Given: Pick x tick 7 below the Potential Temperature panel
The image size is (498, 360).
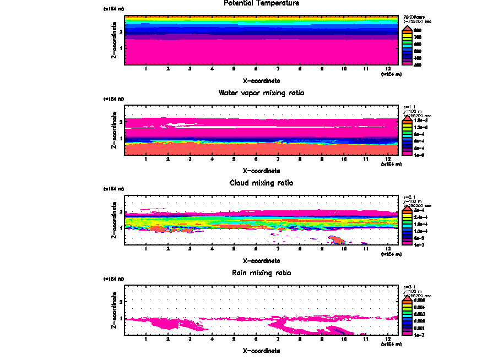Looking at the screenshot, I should pyautogui.click(x=278, y=69).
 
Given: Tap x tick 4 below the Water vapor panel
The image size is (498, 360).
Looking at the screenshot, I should pyautogui.click(x=212, y=159).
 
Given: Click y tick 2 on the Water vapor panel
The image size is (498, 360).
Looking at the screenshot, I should pyautogui.click(x=121, y=122).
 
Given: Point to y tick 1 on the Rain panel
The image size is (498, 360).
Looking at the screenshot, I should pyautogui.click(x=121, y=318).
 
